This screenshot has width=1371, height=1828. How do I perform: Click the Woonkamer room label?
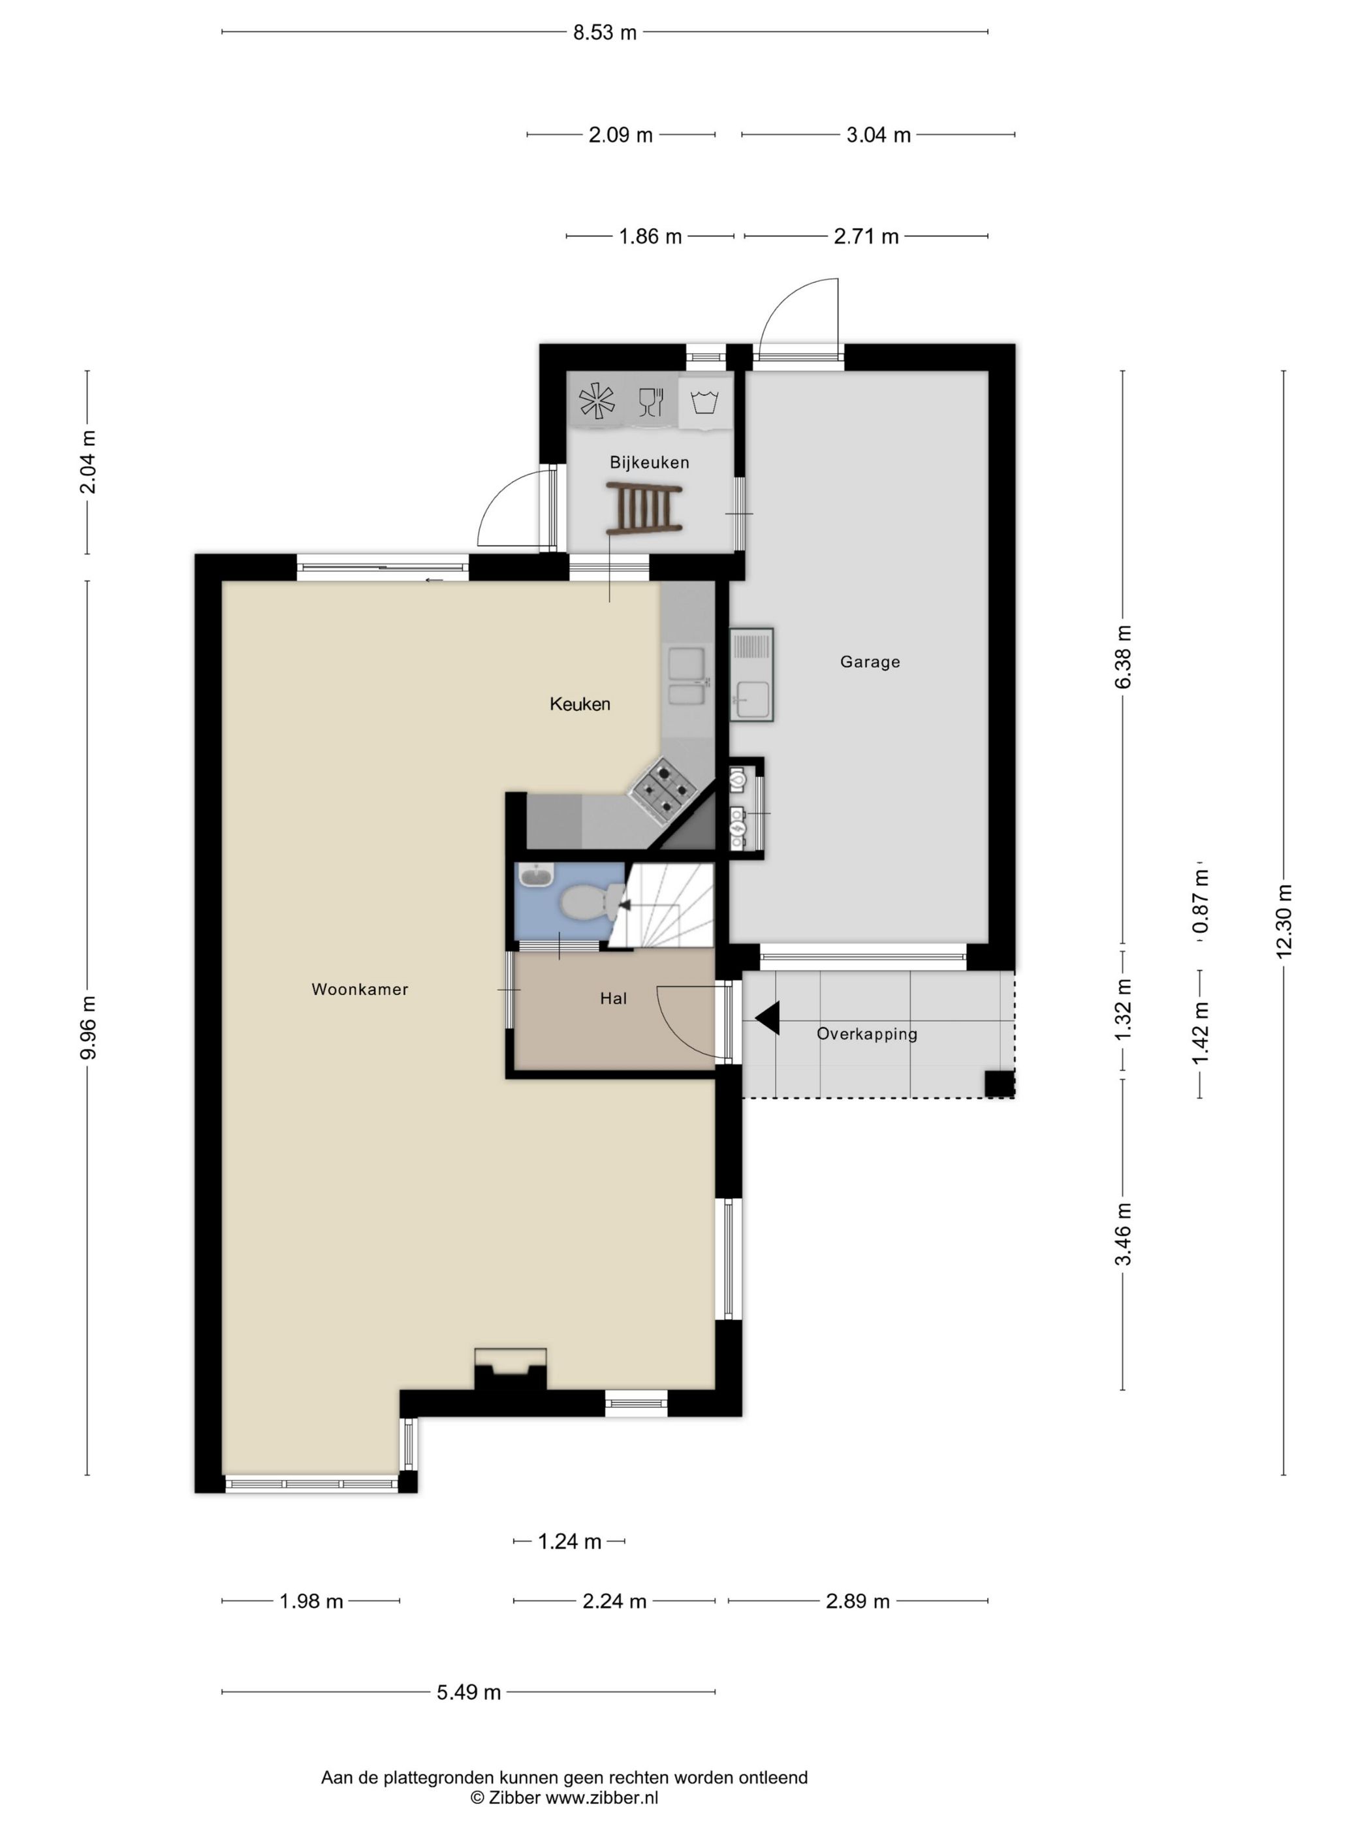tap(360, 989)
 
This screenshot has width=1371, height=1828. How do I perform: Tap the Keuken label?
tap(580, 704)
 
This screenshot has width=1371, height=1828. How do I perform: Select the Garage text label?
tap(870, 662)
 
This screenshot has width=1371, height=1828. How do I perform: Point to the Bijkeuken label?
tap(650, 462)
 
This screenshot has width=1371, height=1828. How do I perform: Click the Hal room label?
tap(613, 998)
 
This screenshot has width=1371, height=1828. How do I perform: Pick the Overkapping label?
tap(867, 1034)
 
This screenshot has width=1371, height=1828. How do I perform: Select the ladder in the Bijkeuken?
tap(644, 509)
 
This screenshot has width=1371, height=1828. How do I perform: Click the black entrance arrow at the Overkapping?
tap(767, 1017)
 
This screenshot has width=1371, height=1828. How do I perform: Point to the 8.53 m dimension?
tap(605, 32)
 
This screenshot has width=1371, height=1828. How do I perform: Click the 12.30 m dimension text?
tap(1284, 921)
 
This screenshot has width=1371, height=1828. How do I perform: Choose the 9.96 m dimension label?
tap(87, 1027)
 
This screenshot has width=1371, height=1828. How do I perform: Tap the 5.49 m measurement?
tap(469, 1692)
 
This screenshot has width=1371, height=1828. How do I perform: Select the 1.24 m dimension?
tap(569, 1541)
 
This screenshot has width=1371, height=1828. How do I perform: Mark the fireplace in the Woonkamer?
tap(510, 1368)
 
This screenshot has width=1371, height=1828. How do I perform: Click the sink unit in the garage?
tap(751, 675)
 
